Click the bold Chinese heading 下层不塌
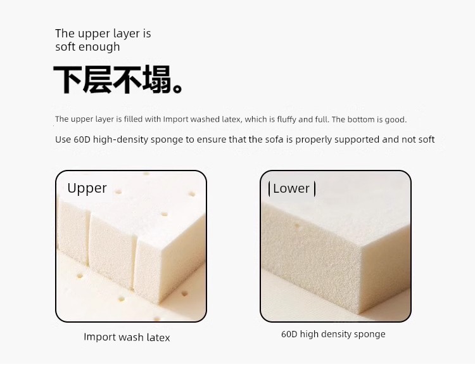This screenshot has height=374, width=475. pos(118,79)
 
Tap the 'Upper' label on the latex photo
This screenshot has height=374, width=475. pos(87,189)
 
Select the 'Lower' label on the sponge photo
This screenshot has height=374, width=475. pos(291,189)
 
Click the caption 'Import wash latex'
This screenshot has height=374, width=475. pos(127,337)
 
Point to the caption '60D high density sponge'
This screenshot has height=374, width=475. pos(333,334)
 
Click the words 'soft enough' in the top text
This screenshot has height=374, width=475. pos(87,47)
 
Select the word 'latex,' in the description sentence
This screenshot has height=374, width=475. pos(232,119)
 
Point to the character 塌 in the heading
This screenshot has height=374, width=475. pos(156,79)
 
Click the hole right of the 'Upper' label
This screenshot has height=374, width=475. pos(118,191)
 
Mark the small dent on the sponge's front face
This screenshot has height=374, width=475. pos(297,226)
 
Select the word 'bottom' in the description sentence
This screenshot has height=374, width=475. pos(360,120)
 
